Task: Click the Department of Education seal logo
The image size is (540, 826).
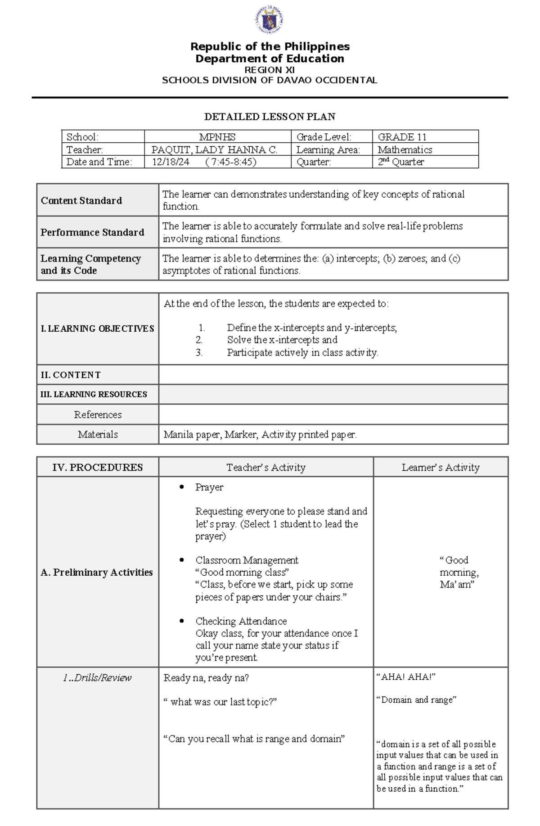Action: [x=270, y=20]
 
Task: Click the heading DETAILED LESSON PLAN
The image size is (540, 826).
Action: [x=270, y=117]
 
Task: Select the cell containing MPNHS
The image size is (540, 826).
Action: [x=217, y=137]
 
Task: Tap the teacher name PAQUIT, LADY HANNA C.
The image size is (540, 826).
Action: [x=214, y=149]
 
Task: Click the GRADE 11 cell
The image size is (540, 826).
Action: [x=402, y=137]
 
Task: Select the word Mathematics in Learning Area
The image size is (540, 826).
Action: [x=405, y=149]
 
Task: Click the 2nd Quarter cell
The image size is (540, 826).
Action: [x=400, y=162]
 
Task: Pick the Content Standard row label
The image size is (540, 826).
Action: [x=81, y=201]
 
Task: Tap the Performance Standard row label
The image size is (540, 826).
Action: [x=92, y=232]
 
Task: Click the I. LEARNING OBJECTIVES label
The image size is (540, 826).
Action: [x=97, y=329]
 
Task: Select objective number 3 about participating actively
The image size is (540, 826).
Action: [x=302, y=353]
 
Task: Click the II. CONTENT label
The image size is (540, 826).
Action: [x=71, y=375]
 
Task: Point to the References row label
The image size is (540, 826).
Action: [x=98, y=415]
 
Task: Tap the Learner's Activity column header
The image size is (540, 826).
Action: [x=440, y=468]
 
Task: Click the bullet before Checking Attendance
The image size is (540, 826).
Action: [x=182, y=621]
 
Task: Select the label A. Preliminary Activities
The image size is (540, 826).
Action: [x=97, y=572]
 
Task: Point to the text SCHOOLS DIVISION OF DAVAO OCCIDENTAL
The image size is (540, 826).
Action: [x=270, y=81]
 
